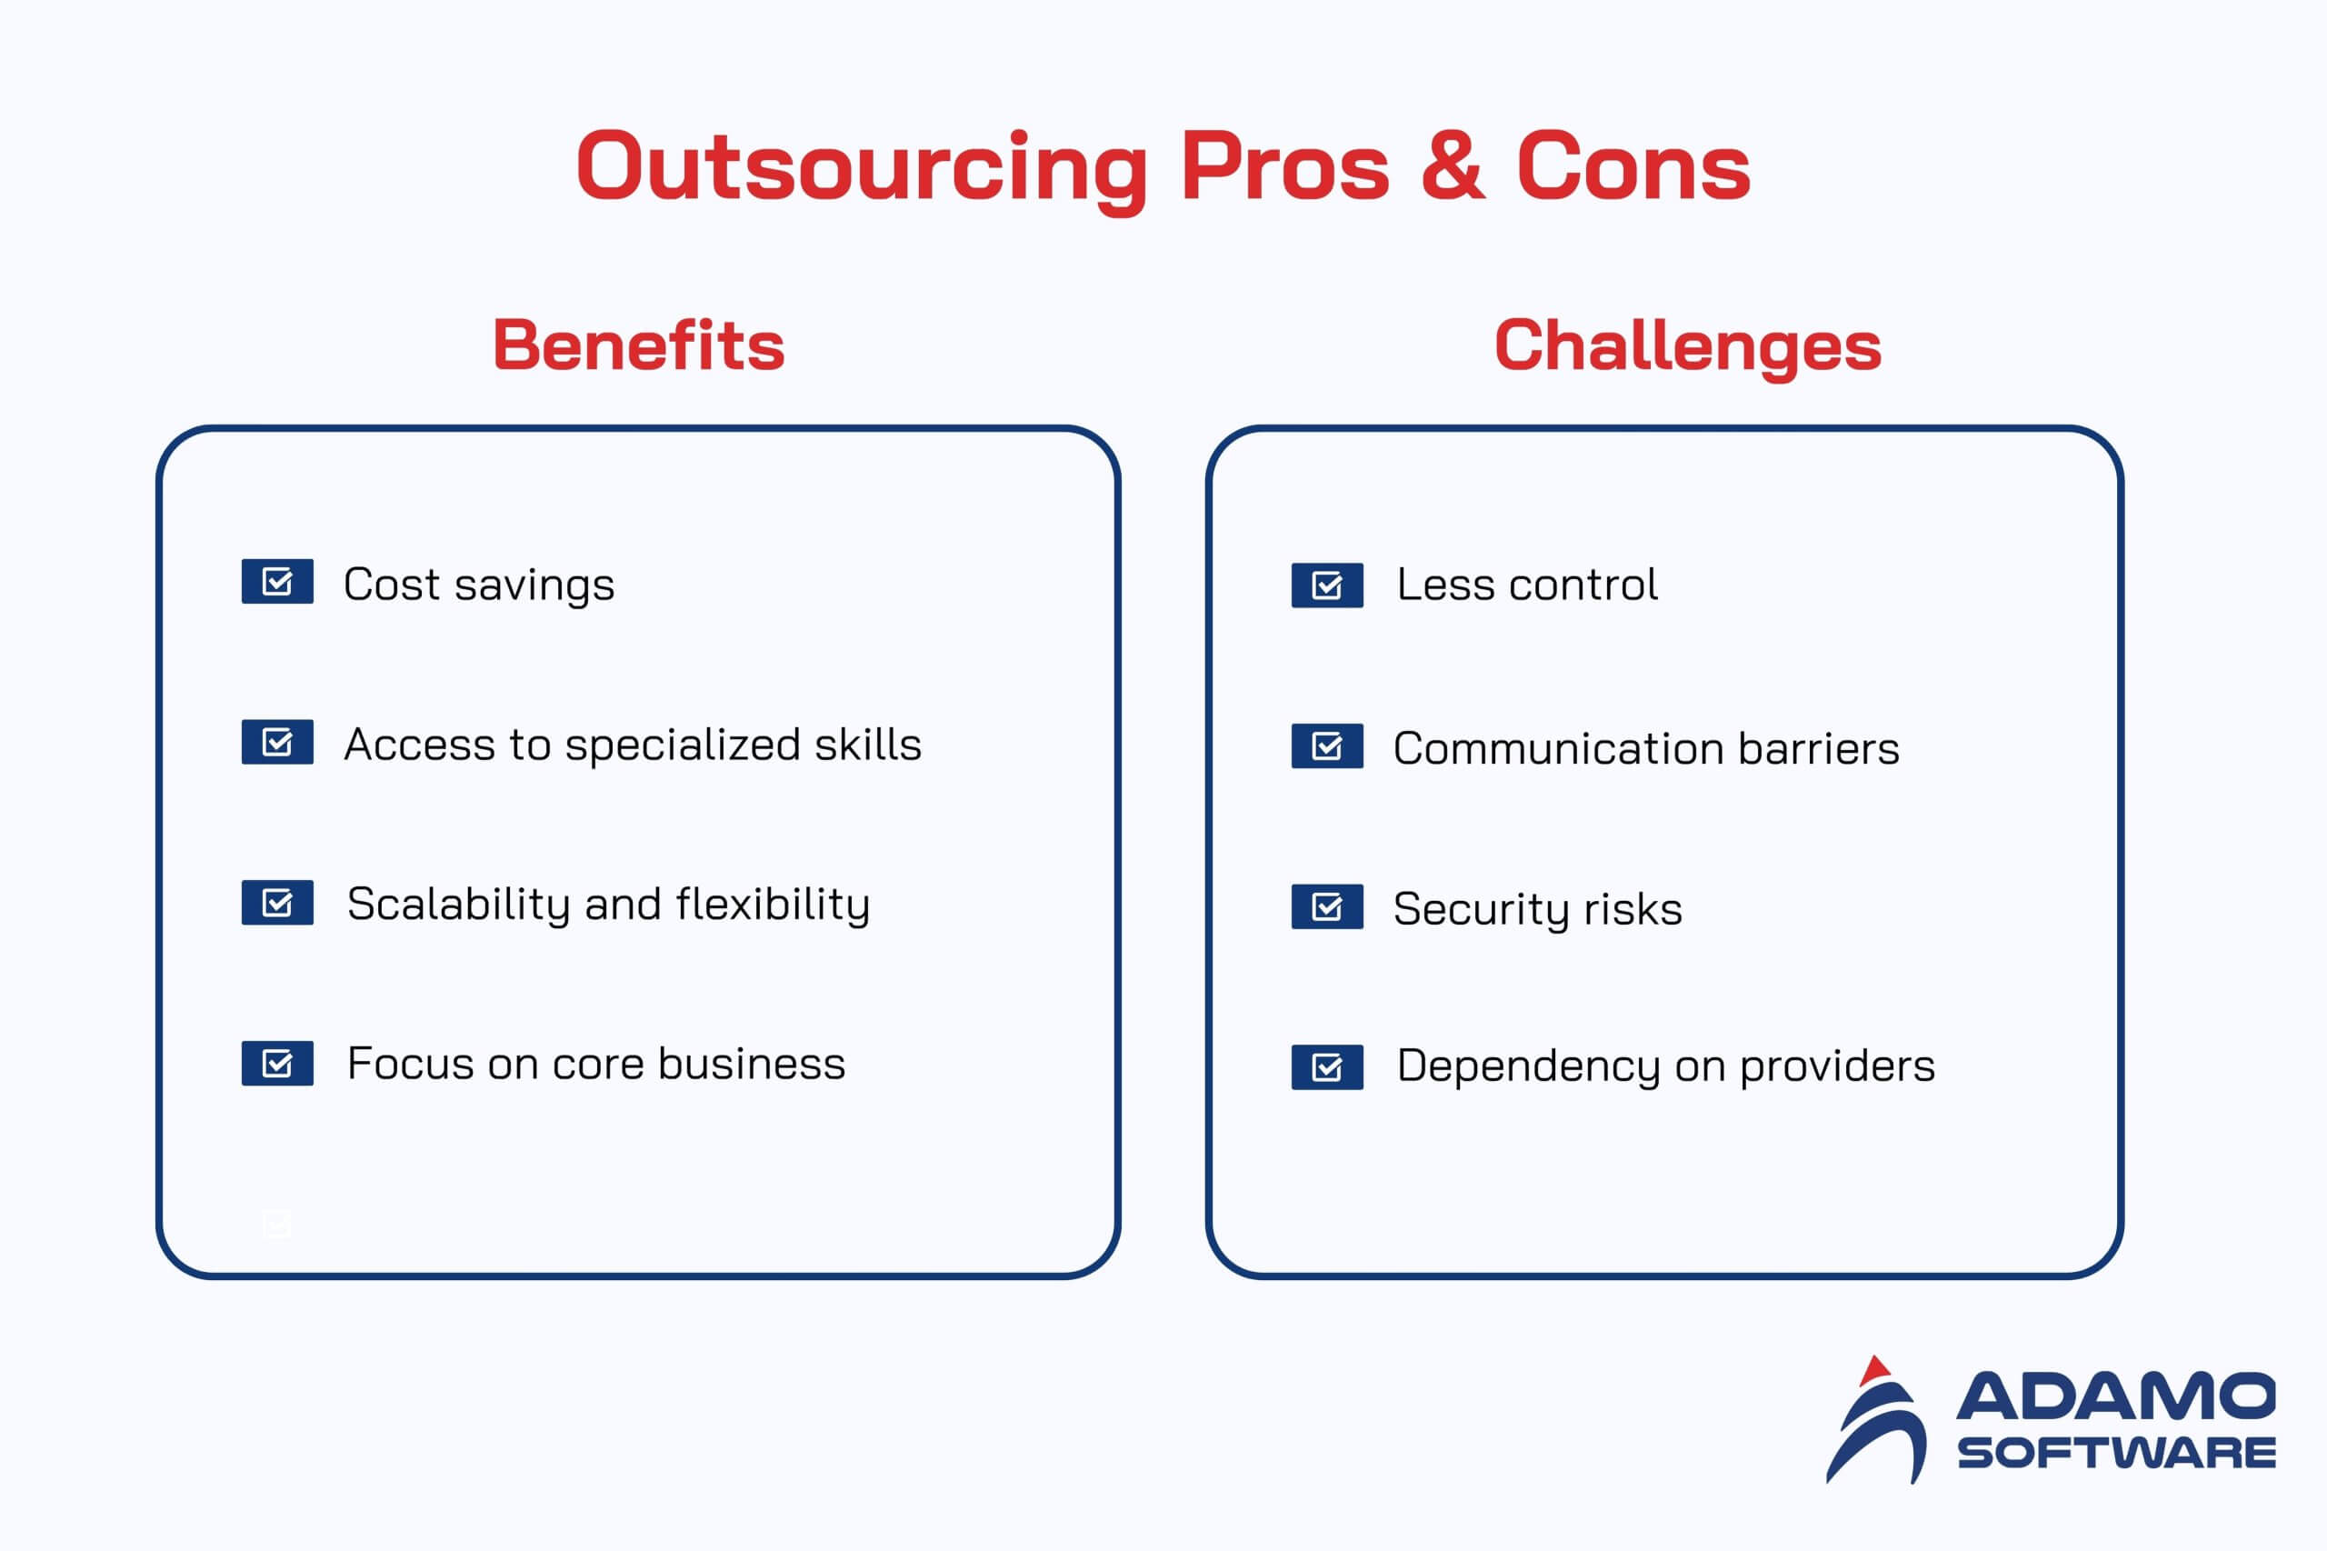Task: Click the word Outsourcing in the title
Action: (862, 169)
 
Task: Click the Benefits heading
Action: (639, 345)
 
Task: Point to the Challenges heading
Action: (1687, 346)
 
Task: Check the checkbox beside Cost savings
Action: (278, 582)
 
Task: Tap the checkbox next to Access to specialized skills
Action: (278, 742)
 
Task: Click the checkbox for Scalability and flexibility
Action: (278, 902)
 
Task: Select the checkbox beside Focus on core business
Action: (278, 1064)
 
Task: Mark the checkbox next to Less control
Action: (1327, 585)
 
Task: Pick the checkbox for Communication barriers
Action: (1327, 745)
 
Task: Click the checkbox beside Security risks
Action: (1327, 907)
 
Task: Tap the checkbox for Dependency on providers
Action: (1327, 1067)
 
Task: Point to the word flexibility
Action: (774, 904)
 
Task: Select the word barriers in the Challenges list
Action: (1819, 749)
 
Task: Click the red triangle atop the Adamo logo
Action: (1874, 1372)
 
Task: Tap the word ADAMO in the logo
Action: (2115, 1396)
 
